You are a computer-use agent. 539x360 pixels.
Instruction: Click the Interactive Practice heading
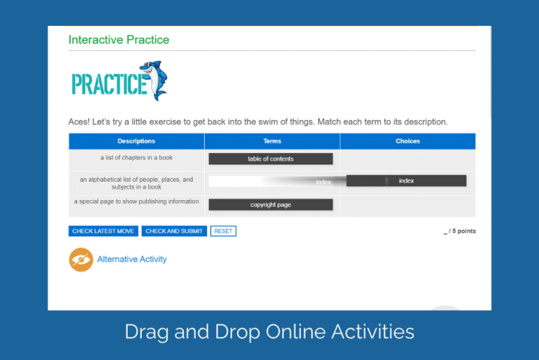pos(119,40)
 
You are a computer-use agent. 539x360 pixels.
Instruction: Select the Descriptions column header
pos(136,141)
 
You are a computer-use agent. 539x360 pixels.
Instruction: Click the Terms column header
pos(272,141)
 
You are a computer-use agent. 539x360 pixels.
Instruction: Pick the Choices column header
pos(407,141)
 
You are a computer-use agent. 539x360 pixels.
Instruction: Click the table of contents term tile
pos(270,159)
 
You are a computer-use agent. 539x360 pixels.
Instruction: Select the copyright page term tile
pos(270,205)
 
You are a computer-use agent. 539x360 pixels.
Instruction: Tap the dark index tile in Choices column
pos(406,181)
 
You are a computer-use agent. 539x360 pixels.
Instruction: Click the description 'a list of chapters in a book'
pos(136,158)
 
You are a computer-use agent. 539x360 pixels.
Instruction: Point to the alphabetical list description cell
pos(136,183)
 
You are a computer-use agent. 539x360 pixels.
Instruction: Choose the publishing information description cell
pos(136,202)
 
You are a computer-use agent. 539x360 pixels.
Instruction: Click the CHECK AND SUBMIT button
pos(174,231)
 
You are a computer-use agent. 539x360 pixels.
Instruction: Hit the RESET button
pos(223,231)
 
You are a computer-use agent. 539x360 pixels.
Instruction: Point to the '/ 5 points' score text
pos(460,231)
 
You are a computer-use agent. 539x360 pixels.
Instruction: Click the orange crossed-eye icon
pos(81,260)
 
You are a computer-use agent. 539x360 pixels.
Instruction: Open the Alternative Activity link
pos(132,260)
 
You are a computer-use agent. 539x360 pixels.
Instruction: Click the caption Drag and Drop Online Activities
pos(269,331)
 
